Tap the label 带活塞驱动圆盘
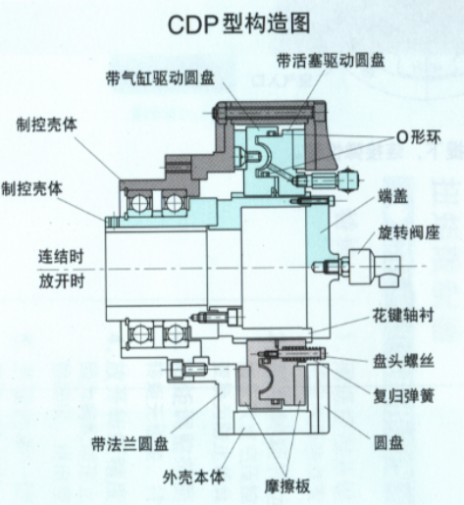331,61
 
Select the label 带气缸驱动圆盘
160,78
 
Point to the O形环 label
418,137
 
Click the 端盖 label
393,196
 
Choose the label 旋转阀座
408,233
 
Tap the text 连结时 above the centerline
61,257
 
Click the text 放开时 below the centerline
62,281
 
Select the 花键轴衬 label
403,316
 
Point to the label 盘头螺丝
403,361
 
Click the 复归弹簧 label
403,396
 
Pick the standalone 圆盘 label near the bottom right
388,443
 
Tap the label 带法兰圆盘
129,444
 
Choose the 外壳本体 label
193,478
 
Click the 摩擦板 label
286,486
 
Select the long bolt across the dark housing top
267,113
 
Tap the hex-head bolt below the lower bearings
187,369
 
